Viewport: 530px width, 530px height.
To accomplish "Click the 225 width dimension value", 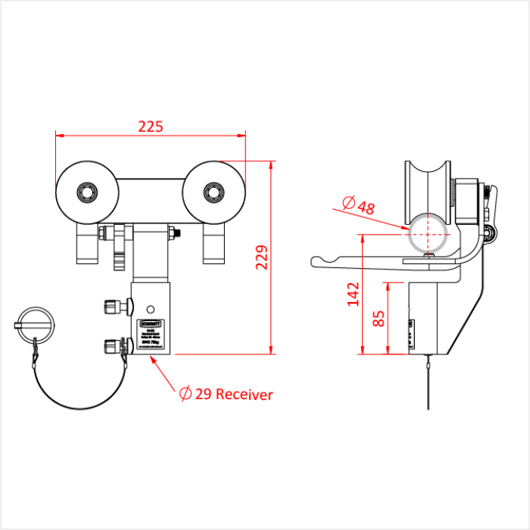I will (x=151, y=127).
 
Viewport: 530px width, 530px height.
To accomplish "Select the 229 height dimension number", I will (x=261, y=258).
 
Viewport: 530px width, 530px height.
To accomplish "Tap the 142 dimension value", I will (x=353, y=295).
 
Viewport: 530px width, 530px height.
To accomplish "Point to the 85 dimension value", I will (x=379, y=317).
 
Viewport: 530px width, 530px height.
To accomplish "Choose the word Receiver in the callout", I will (x=244, y=394).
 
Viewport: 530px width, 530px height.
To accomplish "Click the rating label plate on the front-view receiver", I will (x=150, y=334).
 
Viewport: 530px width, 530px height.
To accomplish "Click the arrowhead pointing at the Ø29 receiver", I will (x=154, y=359).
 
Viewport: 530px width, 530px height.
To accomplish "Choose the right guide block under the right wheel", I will (x=214, y=245).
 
